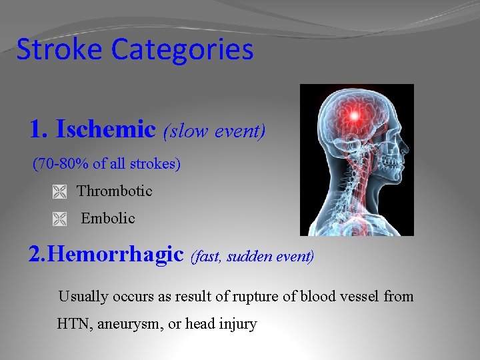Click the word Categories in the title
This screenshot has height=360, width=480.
[x=183, y=51]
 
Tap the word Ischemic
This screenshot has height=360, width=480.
[x=105, y=129]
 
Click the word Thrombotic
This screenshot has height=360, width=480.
[x=115, y=191]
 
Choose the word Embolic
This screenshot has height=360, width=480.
[x=108, y=218]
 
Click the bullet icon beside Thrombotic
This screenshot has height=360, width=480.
[x=60, y=192]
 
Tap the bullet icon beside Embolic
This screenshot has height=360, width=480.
[x=60, y=219]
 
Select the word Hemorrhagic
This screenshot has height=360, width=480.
[x=116, y=254]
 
